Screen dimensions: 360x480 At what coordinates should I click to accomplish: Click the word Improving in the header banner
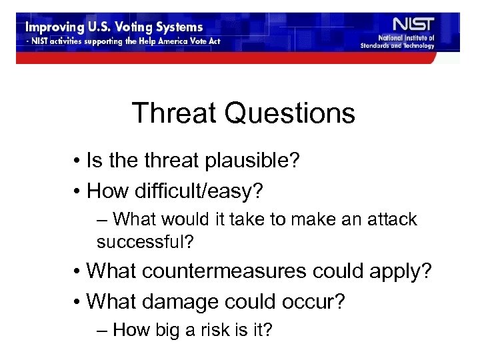(x=54, y=28)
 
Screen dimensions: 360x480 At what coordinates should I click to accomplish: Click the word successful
(x=145, y=241)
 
